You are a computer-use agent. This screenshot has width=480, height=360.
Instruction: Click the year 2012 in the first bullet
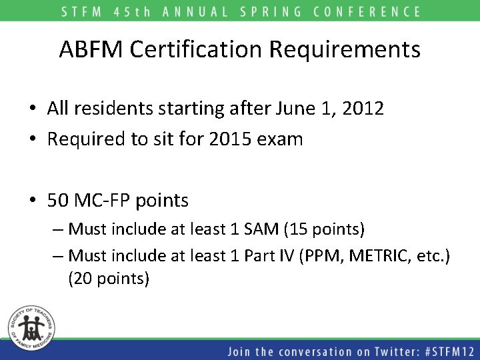[361, 108]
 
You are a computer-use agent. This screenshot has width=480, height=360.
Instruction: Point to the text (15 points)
[325, 230]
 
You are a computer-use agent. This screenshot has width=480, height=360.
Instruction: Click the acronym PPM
[324, 255]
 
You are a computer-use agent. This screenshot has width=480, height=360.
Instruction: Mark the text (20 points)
[109, 279]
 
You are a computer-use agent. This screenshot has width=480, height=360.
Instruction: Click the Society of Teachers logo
[31, 327]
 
